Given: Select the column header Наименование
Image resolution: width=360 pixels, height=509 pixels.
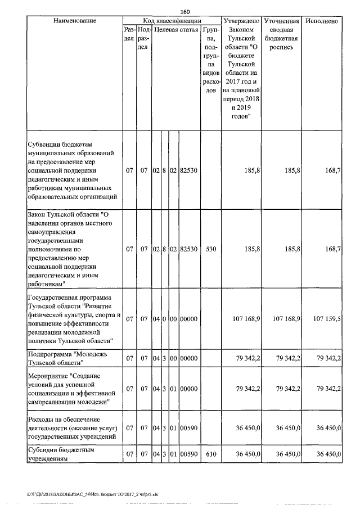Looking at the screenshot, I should [x=74, y=21].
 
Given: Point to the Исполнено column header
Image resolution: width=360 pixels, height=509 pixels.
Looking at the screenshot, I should [x=321, y=21].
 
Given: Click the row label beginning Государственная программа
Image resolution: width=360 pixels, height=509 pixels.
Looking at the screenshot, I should [x=74, y=319].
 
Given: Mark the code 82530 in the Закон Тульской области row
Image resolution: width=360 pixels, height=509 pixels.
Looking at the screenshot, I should [x=188, y=247].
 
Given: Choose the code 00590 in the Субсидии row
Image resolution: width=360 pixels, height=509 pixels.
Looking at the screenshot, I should [x=188, y=454].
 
